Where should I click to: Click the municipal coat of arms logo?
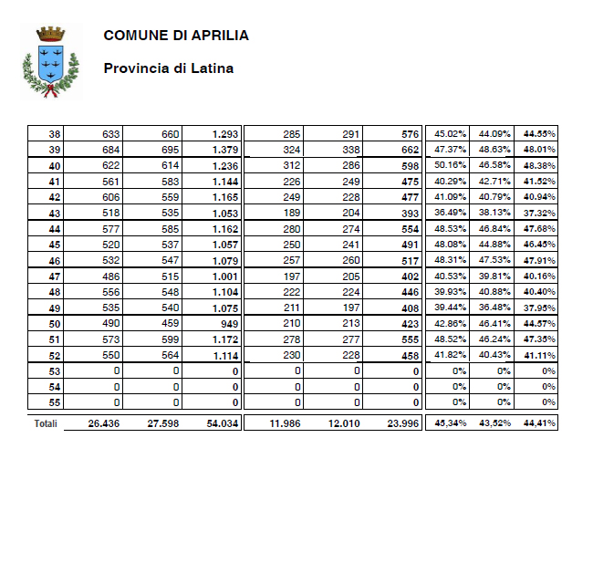tap(49, 61)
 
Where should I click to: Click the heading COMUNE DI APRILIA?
tap(176, 36)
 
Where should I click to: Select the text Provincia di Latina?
tap(169, 68)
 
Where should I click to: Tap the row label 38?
tap(55, 134)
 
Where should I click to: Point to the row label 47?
tap(55, 276)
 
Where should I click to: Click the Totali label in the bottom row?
tap(47, 423)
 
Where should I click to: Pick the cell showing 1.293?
tap(224, 134)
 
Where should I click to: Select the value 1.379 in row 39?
tap(224, 150)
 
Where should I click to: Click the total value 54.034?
tap(222, 423)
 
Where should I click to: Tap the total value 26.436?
tap(104, 423)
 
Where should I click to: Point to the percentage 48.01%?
tap(539, 150)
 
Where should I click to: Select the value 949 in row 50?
tap(229, 324)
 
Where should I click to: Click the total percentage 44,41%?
tap(539, 423)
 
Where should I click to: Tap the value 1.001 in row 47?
tap(224, 276)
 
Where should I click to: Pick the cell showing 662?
tap(410, 150)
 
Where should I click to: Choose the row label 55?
tap(55, 402)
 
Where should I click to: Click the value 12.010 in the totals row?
tap(342, 423)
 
